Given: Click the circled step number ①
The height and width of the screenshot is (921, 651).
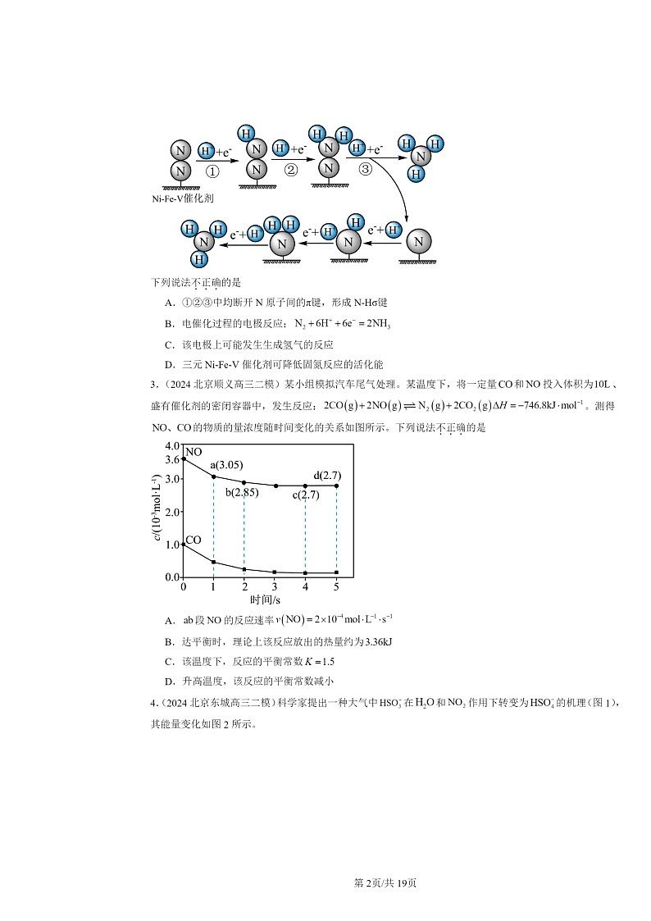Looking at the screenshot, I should point(212,171).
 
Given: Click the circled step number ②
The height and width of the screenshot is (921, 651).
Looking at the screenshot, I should point(290,170).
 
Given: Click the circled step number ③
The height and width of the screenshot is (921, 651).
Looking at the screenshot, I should point(366,168).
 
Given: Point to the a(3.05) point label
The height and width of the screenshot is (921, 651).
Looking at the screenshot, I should point(226,465).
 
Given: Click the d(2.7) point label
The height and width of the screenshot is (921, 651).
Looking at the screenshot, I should point(327,475).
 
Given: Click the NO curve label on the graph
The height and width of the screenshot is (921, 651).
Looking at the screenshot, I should point(193,452).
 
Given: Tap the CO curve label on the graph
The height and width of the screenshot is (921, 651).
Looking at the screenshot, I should point(193,540).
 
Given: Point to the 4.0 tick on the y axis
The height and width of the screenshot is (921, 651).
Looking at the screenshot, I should point(172,445).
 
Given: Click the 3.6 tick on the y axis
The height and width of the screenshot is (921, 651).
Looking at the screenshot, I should point(172,459).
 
